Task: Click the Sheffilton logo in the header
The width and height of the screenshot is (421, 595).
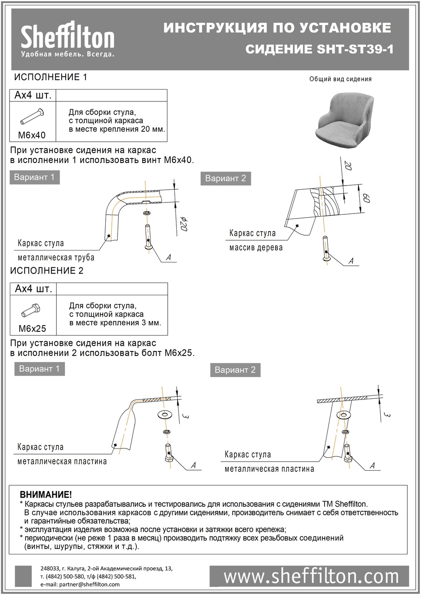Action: [67, 36]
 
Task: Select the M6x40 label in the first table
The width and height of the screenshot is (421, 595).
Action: [32, 135]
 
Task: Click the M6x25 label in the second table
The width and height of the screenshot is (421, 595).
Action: [32, 329]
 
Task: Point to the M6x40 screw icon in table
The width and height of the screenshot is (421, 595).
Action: [32, 116]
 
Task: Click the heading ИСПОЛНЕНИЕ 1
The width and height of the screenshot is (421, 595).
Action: [51, 77]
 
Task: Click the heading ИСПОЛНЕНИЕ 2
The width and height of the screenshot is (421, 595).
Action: [47, 271]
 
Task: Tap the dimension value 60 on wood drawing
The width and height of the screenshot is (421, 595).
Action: [367, 199]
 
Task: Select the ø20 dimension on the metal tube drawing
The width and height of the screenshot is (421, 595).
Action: [184, 226]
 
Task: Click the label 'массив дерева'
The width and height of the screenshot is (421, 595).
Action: [256, 248]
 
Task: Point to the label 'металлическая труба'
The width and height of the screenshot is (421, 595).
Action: [56, 257]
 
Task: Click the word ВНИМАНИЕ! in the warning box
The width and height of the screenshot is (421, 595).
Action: [46, 495]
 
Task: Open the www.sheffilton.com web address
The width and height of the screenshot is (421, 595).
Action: [311, 577]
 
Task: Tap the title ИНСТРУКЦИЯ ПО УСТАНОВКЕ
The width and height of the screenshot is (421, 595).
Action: [277, 28]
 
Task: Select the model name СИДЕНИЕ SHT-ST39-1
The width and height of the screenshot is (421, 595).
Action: [319, 50]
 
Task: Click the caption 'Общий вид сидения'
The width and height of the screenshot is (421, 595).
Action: [340, 79]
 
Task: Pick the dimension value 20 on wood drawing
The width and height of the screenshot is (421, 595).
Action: [348, 166]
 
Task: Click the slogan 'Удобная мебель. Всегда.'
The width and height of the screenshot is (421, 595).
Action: [67, 54]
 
